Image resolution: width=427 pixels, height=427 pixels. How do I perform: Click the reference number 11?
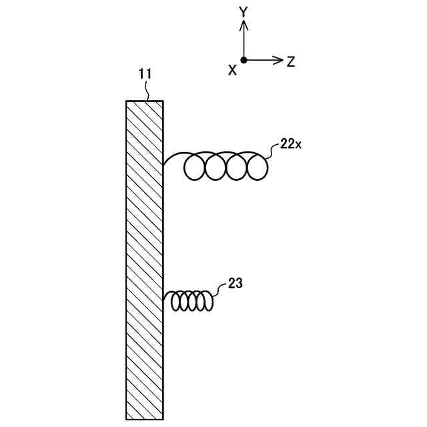click(145, 75)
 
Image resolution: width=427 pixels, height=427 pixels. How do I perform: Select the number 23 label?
click(235, 283)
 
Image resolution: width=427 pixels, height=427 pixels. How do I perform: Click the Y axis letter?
click(244, 11)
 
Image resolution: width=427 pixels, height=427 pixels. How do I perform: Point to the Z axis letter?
click(291, 62)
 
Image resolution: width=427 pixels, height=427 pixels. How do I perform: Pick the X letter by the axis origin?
click(232, 70)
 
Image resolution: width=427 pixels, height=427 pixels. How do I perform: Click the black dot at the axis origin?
click(244, 60)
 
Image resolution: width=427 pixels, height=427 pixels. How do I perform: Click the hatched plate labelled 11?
click(144, 260)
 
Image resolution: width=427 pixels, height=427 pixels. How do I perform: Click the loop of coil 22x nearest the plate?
click(195, 167)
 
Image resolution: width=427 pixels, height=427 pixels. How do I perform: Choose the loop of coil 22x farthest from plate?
click(257, 167)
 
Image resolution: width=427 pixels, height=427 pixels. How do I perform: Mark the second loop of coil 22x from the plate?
click(216, 167)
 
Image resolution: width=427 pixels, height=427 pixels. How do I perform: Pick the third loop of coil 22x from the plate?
click(236, 167)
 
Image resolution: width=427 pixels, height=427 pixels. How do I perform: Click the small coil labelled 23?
click(192, 301)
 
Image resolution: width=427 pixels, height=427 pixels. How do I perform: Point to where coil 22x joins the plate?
click(163, 165)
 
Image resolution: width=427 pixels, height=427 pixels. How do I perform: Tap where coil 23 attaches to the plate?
click(163, 300)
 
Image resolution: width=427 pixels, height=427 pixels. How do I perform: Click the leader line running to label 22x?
click(272, 151)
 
